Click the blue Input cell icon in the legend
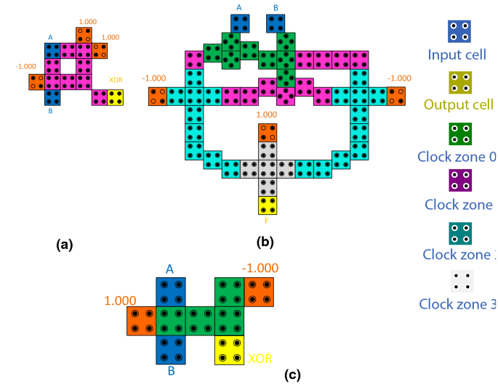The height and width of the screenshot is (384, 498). [459, 31]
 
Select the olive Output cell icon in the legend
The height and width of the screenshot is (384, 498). [459, 83]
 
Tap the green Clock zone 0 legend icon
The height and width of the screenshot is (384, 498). [459, 134]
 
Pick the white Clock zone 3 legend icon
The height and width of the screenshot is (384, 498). [459, 282]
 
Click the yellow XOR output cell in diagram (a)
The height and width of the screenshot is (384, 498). [116, 97]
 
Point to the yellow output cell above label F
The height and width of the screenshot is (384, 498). [268, 205]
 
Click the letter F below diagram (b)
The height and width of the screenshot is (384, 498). [267, 221]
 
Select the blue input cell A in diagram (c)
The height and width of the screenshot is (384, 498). [170, 292]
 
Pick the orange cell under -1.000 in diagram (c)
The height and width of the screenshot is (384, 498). [259, 292]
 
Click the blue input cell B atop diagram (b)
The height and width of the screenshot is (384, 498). [276, 23]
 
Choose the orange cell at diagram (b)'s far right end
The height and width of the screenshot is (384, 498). [396, 96]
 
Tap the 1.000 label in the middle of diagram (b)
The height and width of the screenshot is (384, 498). [267, 115]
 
